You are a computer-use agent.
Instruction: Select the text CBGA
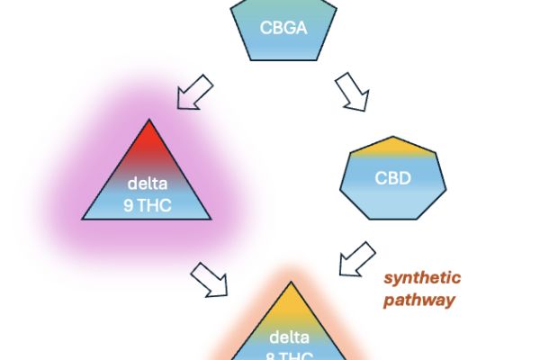coord(283,27)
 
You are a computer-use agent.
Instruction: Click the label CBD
coord(392,177)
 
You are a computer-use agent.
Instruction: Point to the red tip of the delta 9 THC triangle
coord(147,135)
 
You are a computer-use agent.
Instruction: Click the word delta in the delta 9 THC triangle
coord(147,184)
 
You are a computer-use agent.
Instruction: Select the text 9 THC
coord(147,203)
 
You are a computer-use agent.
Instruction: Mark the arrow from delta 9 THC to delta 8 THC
coord(209,279)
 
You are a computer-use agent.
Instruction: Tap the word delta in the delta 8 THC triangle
coord(289,338)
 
